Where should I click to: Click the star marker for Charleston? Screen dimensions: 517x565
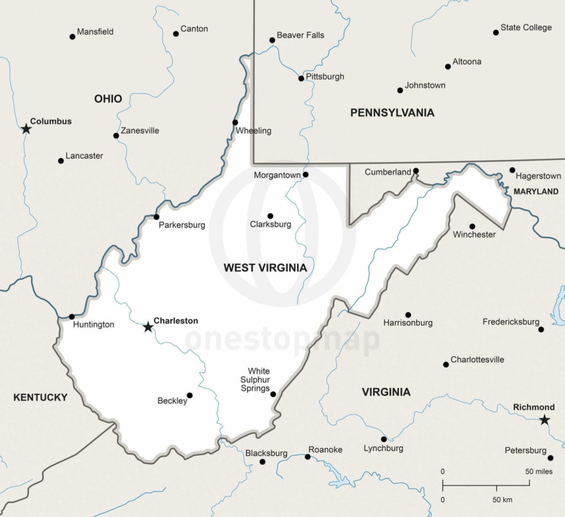tap(148, 327)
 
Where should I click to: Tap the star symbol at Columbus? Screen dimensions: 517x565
tap(26, 128)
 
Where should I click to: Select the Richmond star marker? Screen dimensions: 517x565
tap(544, 420)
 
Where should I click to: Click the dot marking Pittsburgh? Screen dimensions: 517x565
tap(301, 78)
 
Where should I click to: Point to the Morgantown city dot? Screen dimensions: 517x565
tap(306, 175)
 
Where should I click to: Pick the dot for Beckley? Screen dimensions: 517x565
tap(189, 395)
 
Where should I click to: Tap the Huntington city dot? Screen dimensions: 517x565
tap(71, 317)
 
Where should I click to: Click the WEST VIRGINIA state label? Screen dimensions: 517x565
tap(265, 268)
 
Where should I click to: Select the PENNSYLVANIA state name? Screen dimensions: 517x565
tap(392, 113)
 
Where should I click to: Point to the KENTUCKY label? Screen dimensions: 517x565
tap(40, 398)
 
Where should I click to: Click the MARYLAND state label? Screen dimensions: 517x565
tap(536, 191)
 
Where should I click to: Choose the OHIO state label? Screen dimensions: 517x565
tap(108, 99)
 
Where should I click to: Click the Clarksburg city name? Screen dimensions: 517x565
tap(270, 225)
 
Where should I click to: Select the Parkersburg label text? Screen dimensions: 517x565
tap(182, 225)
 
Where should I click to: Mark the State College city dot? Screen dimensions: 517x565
tap(496, 32)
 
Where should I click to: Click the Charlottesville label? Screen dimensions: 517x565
tap(477, 360)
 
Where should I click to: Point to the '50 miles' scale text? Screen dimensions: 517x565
tap(539, 472)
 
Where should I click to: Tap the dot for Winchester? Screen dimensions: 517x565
tap(472, 226)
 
